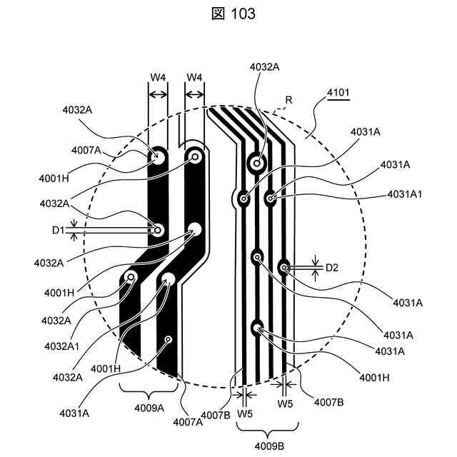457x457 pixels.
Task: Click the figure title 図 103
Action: click(x=228, y=14)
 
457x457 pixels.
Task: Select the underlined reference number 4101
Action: click(x=339, y=93)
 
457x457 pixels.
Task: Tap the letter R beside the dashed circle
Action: click(x=289, y=101)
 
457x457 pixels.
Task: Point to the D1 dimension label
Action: click(x=58, y=230)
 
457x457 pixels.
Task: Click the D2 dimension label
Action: click(x=332, y=268)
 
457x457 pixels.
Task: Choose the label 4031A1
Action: click(x=405, y=194)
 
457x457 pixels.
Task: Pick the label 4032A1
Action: click(x=62, y=346)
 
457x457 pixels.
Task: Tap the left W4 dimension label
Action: click(x=157, y=77)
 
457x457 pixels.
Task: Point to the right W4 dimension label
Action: click(x=194, y=77)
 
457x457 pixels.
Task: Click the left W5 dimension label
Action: click(x=245, y=413)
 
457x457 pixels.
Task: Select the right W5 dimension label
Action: click(x=286, y=404)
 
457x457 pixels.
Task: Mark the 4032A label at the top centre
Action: click(x=264, y=67)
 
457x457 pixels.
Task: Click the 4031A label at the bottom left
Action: click(x=75, y=413)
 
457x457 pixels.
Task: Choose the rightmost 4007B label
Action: click(x=329, y=402)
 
